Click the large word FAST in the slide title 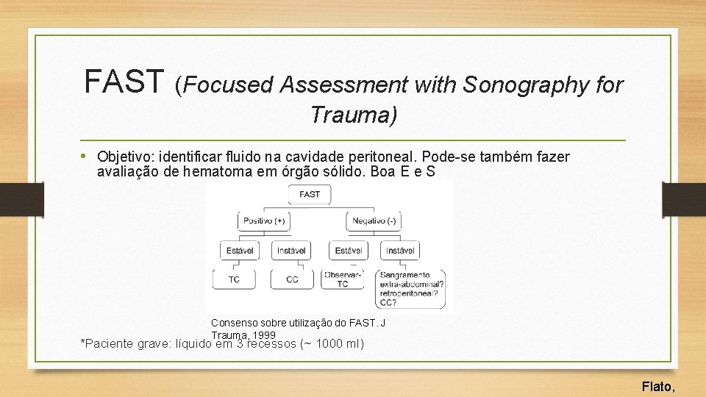(x=124, y=81)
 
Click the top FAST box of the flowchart (x=310, y=194)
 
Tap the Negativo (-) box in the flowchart (x=374, y=221)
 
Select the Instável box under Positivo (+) (x=291, y=251)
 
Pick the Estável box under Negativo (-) (x=348, y=251)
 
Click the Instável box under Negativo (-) (x=400, y=251)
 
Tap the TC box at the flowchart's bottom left (x=235, y=279)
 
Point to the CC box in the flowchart (x=292, y=279)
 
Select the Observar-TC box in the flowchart (x=343, y=279)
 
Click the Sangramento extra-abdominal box (x=413, y=287)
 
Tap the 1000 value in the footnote (x=329, y=344)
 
